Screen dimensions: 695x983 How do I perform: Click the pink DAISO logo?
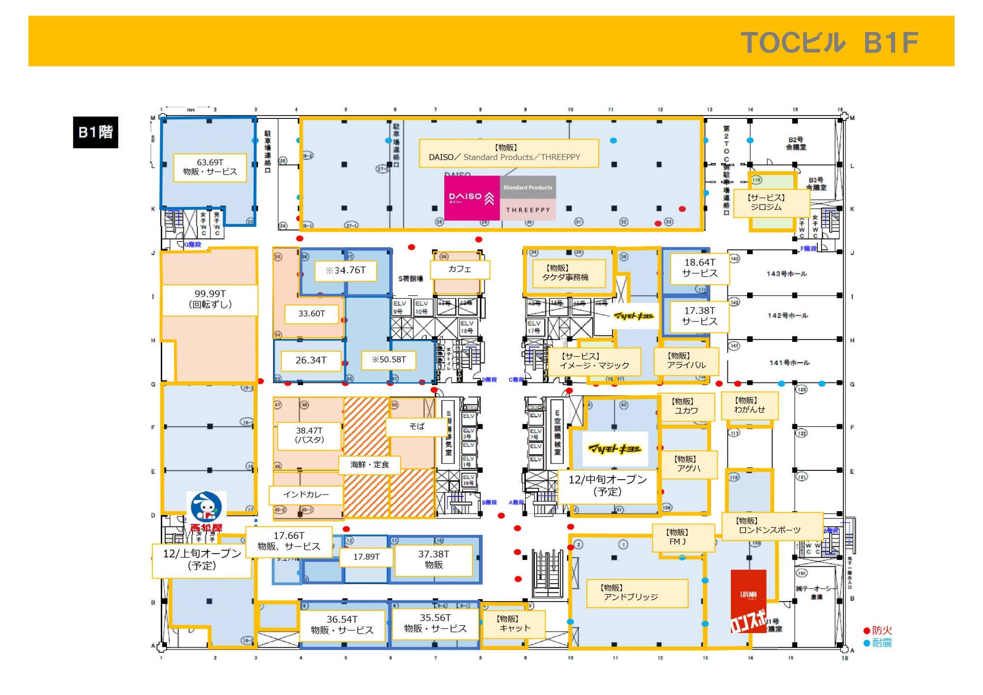471,198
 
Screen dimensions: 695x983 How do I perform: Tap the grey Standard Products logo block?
527,187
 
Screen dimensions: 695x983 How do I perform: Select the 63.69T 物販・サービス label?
210,167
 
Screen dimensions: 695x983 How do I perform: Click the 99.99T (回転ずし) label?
210,299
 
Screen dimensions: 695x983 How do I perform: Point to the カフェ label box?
460,269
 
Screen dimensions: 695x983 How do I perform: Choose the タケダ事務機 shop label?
565,273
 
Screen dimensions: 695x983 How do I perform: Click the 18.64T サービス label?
699,268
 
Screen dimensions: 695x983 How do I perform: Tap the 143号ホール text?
786,274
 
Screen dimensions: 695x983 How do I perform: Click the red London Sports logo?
748,601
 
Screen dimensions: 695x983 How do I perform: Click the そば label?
417,427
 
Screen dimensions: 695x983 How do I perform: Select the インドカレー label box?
306,494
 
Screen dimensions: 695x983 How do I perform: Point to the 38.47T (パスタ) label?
309,435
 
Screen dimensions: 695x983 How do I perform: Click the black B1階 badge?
95,132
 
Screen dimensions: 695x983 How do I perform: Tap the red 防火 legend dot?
867,631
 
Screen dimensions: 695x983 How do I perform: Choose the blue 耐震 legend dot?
867,643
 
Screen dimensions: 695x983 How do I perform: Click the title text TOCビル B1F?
829,43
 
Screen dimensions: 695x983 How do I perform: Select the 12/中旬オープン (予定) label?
607,486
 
